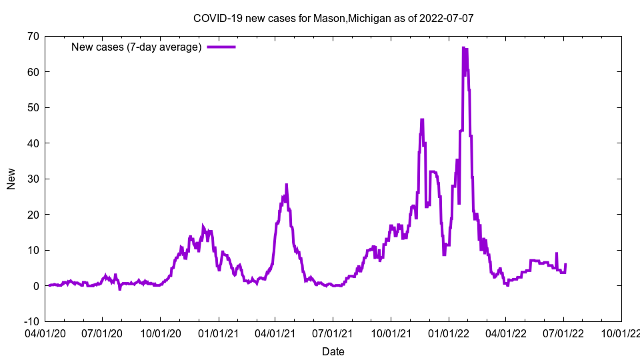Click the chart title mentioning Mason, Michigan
coord(333,18)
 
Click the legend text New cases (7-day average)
coord(137,47)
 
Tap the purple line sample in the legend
coord(221,47)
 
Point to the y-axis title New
coord(11,179)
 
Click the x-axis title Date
coord(333,351)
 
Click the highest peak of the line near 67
coord(463,48)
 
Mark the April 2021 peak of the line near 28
coord(287,185)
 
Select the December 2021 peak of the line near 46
coord(422,120)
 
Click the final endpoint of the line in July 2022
coord(565,265)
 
